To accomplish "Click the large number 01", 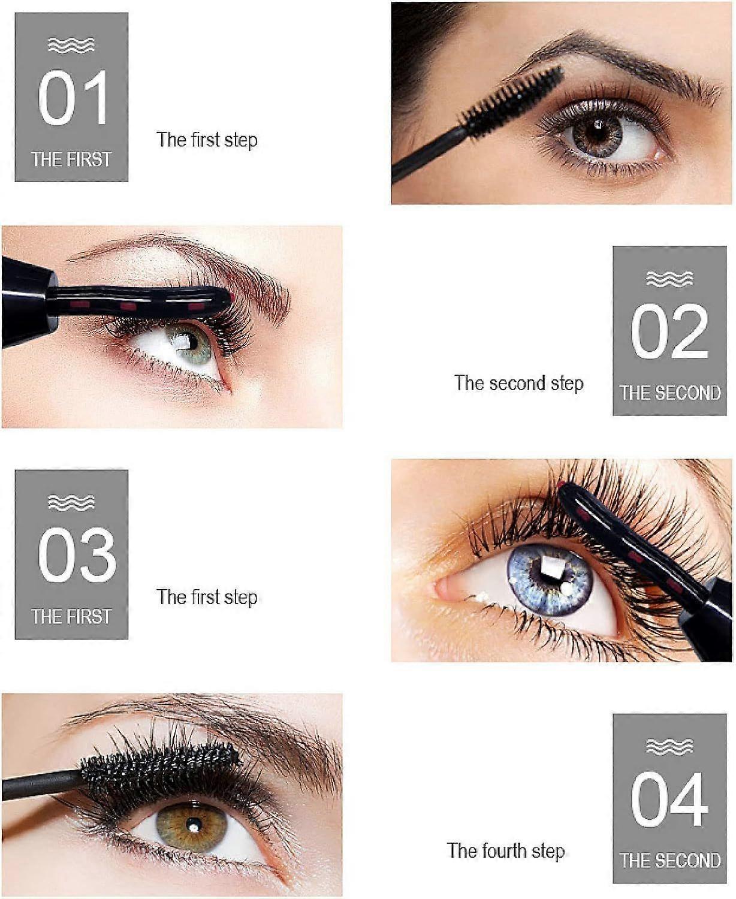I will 72,98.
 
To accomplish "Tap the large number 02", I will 669,331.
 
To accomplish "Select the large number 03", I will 76,554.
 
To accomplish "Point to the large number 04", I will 669,800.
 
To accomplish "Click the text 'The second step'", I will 518,384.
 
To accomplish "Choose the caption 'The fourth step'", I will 505,851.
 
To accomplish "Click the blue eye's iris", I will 550,580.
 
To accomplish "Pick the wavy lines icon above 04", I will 669,747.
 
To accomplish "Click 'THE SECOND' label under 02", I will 669,393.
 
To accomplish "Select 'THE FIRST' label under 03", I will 71,617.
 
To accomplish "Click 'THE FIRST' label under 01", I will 71,159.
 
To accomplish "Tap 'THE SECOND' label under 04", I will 669,861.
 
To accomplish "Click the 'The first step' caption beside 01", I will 207,140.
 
